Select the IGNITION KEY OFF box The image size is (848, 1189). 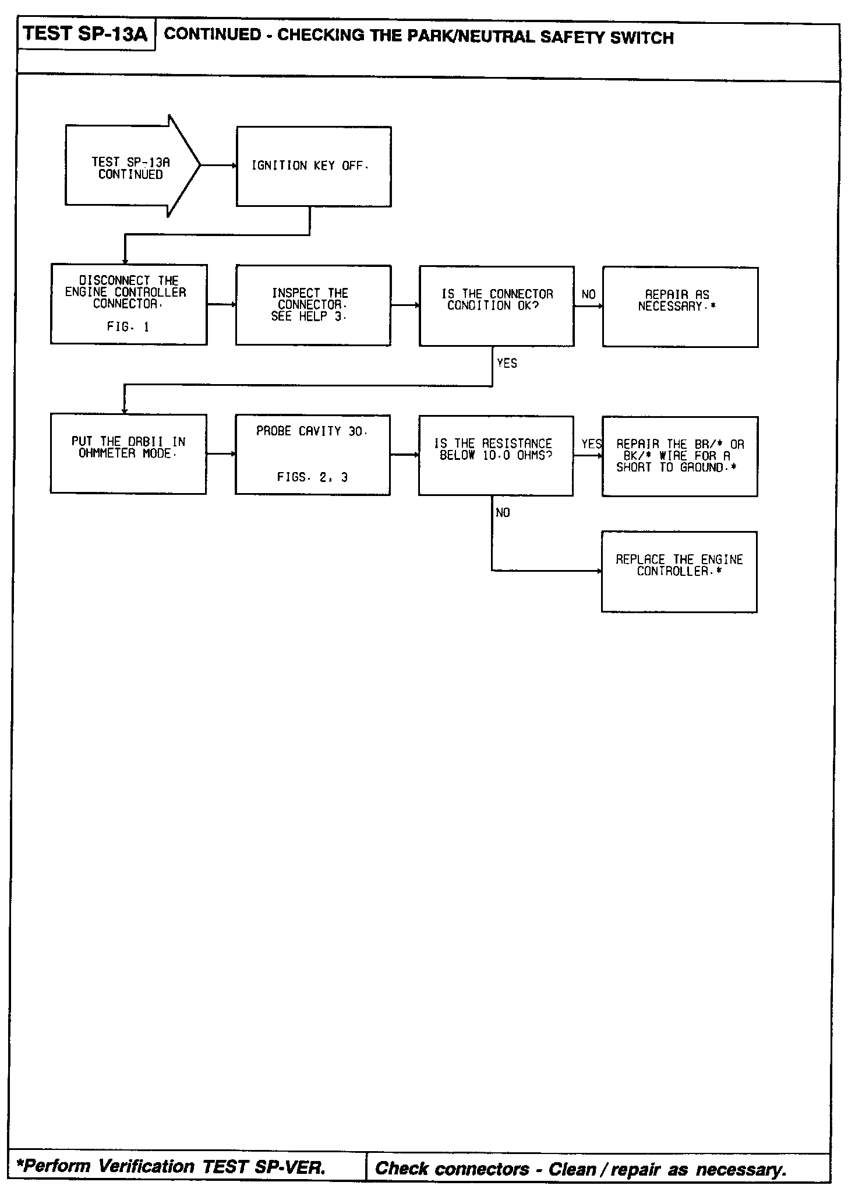click(313, 167)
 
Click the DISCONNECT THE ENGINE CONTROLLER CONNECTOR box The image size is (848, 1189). click(129, 304)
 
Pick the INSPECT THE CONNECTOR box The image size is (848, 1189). click(313, 305)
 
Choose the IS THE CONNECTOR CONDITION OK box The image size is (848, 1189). click(496, 306)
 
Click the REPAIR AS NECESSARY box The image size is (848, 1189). click(680, 307)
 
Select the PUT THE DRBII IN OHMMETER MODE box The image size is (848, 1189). click(128, 454)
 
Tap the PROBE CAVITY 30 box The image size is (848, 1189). click(312, 455)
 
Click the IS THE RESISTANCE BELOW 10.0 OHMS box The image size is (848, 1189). click(496, 456)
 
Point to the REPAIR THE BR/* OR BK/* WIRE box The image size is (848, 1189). click(680, 456)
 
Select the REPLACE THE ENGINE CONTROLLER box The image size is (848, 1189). click(679, 571)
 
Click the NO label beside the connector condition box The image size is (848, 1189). click(588, 295)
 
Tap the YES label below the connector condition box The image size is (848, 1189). click(507, 364)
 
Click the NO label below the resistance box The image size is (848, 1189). click(503, 513)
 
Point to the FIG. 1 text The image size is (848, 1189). click(128, 328)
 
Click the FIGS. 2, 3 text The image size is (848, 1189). click(312, 478)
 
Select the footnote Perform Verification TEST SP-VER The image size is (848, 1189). click(172, 1166)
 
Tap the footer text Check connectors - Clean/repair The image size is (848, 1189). click(580, 1168)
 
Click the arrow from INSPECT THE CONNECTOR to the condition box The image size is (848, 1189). click(405, 305)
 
